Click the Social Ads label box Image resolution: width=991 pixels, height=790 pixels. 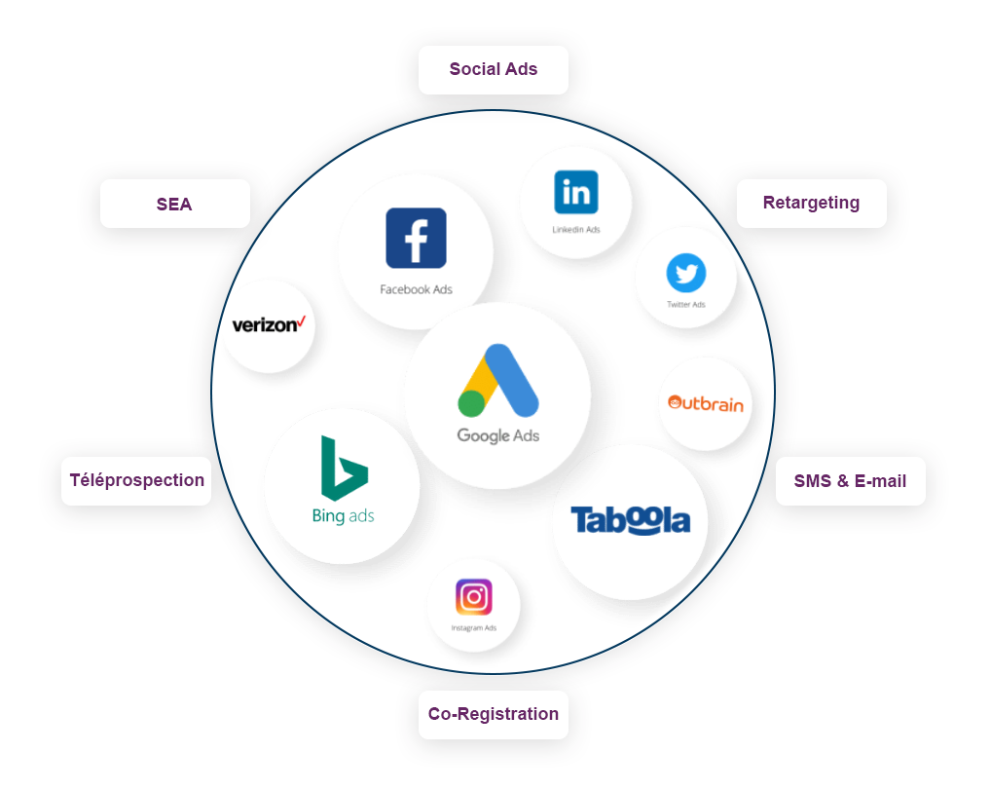(x=493, y=70)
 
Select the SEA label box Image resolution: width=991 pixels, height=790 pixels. (x=174, y=204)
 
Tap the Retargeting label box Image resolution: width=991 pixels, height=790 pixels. (x=811, y=203)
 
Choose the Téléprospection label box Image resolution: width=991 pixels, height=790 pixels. (x=136, y=480)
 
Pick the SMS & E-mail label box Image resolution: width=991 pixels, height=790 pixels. (x=850, y=481)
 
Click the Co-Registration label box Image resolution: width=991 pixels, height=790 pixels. (x=493, y=714)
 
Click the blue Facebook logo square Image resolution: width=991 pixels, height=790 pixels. (x=416, y=238)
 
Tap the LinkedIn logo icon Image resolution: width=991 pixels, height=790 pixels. (x=576, y=192)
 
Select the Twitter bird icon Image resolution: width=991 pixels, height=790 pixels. (x=686, y=273)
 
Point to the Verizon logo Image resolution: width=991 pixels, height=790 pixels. (x=269, y=324)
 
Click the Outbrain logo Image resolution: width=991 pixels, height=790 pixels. (x=705, y=402)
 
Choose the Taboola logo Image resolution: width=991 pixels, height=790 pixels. (x=630, y=520)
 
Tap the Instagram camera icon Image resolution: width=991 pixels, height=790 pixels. (x=474, y=597)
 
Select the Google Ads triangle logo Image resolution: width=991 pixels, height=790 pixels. (x=497, y=381)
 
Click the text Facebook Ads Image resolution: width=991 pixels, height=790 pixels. (x=416, y=289)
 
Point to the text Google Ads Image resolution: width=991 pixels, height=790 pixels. (x=497, y=435)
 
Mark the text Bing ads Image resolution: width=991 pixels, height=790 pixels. (x=343, y=515)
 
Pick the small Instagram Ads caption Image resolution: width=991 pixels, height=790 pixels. (x=474, y=628)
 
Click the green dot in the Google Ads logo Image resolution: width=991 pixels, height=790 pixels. (x=472, y=403)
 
